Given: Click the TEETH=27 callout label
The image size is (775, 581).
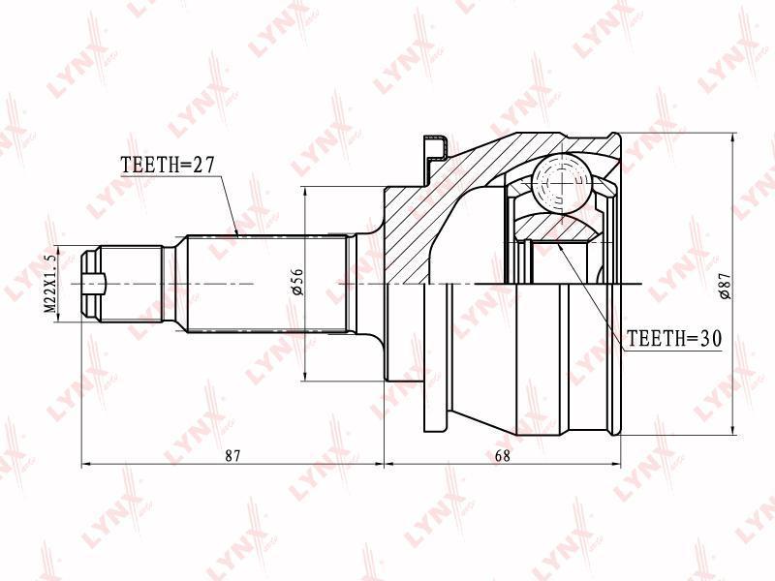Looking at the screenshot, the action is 168,165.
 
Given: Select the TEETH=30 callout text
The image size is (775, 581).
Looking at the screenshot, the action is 674,338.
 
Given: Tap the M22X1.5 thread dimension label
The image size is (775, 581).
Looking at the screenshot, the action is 50,284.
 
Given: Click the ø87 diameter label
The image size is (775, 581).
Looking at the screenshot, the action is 725,286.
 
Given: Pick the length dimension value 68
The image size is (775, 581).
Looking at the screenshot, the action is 502,455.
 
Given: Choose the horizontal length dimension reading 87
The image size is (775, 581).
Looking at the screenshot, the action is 232,455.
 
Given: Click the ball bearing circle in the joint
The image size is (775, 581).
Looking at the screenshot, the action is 563,182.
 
